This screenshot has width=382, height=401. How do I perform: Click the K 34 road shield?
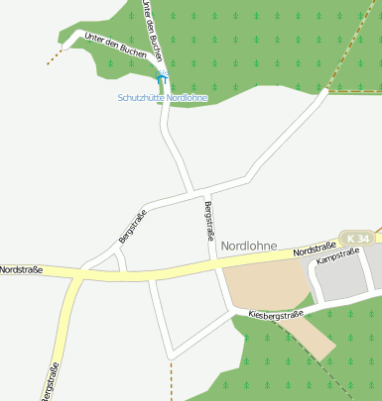358,239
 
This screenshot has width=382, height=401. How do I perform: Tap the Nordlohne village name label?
249,246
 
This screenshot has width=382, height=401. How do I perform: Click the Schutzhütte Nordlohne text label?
162,98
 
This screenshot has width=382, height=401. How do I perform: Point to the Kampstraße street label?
337,257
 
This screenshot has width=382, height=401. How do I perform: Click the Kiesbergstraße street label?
276,314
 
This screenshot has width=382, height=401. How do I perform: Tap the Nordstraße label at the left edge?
21,269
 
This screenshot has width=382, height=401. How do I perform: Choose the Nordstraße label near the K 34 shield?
317,250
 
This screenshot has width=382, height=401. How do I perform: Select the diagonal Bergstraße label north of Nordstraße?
132,227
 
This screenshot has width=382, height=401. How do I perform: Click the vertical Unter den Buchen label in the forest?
151,30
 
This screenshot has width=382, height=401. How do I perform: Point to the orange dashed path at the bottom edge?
172,380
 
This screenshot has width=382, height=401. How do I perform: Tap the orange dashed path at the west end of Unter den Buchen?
56,55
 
